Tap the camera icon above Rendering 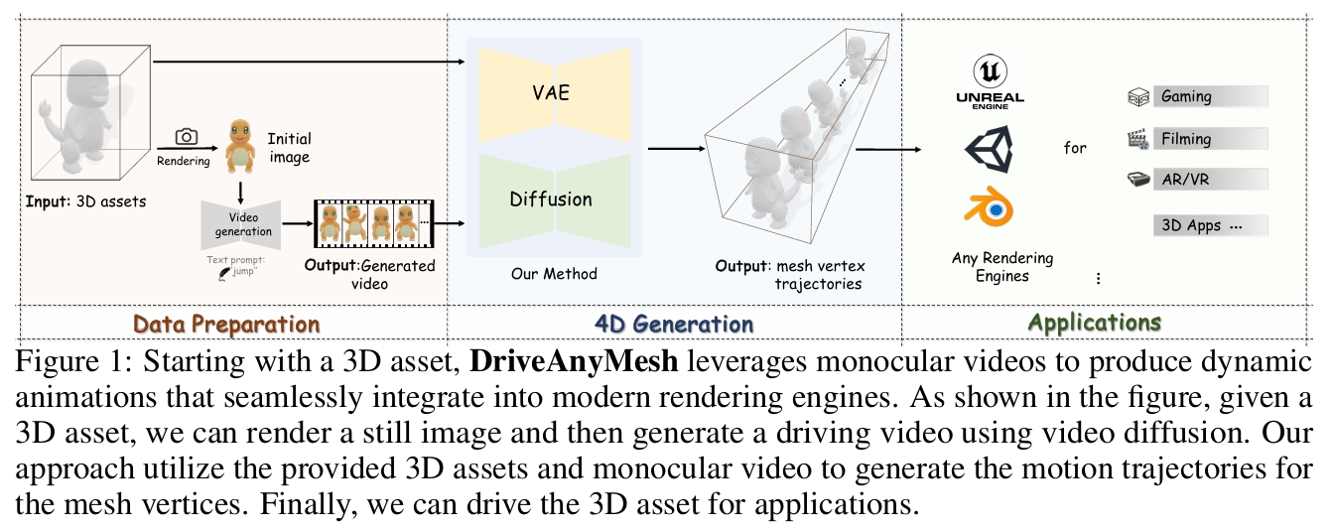(186, 137)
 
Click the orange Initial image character (240, 144)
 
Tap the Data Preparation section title (226, 324)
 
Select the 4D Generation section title (674, 324)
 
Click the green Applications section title (1094, 323)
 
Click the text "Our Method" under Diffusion (554, 273)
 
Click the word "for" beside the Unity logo (1075, 148)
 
